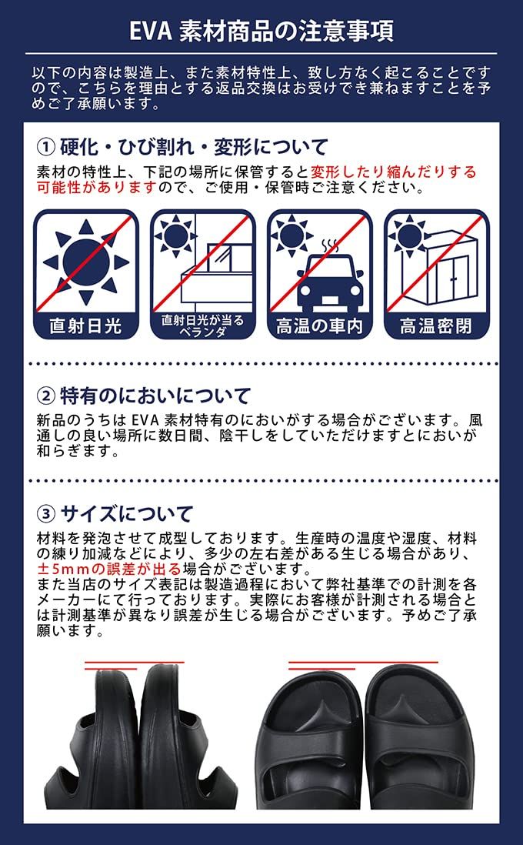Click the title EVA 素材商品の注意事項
(261, 32)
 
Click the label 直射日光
(85, 326)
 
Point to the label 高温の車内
(319, 326)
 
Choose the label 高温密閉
(435, 326)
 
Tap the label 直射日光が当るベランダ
(202, 326)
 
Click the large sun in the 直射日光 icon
(85, 262)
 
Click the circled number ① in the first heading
(46, 147)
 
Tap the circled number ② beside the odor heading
(46, 396)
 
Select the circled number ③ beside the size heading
(46, 513)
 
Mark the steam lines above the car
(332, 245)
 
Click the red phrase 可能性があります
(97, 187)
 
